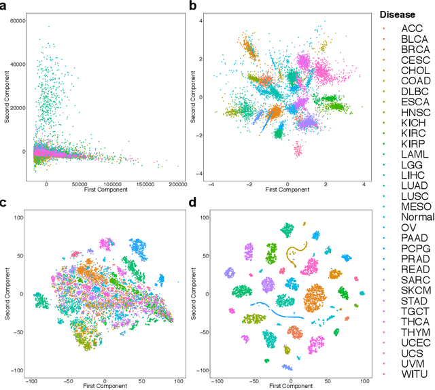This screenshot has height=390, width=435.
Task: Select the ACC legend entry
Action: point(411,28)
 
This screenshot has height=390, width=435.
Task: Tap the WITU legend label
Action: point(413,374)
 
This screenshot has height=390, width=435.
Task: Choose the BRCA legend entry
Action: point(413,50)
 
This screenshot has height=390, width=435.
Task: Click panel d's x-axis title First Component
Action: point(290,384)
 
